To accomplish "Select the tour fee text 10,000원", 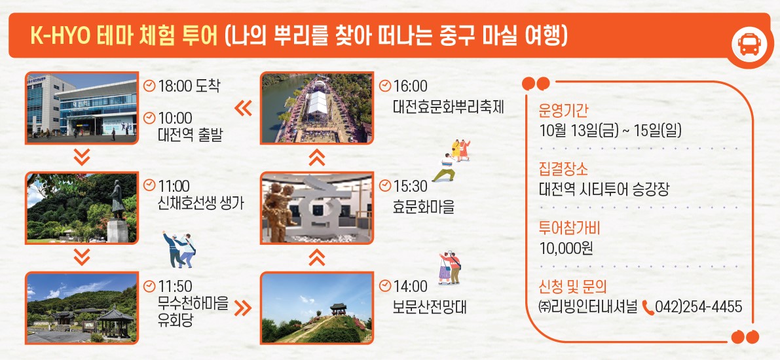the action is click(x=566, y=248).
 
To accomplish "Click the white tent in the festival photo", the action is click(x=318, y=102).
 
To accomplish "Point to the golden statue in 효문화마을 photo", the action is click(x=278, y=212).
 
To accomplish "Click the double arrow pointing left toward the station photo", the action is click(x=243, y=108).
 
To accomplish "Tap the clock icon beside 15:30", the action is click(x=384, y=185).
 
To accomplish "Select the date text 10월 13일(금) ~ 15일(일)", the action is click(x=610, y=131).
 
